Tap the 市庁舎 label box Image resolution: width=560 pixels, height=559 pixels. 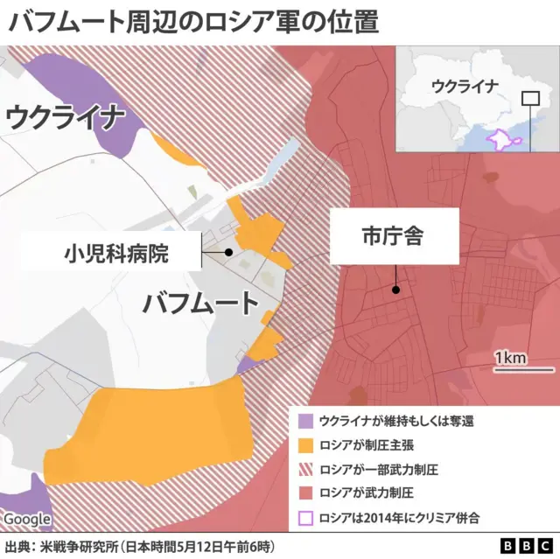[394, 236]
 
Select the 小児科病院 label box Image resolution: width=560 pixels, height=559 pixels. [116, 254]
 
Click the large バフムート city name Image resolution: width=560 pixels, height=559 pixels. [201, 304]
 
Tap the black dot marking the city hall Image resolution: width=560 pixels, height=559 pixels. [396, 290]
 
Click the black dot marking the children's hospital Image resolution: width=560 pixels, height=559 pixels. [228, 252]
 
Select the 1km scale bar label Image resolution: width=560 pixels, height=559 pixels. [509, 358]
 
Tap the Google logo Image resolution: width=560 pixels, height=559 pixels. [27, 519]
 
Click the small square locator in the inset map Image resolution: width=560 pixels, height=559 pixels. [530, 99]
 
